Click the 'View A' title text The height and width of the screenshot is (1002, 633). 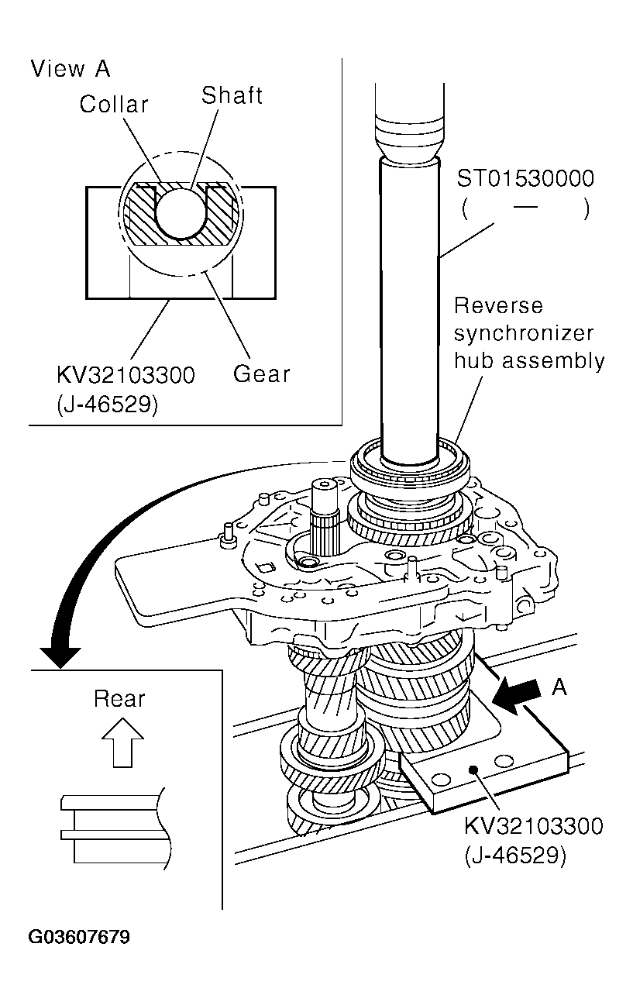(71, 69)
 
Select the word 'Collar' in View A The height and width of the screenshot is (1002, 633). (114, 105)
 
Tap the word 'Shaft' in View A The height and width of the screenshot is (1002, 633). (232, 95)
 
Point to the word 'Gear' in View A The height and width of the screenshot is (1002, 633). (262, 374)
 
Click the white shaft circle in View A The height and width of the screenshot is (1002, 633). (181, 213)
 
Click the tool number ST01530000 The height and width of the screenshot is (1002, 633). (525, 180)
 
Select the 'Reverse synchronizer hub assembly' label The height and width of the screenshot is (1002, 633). (528, 333)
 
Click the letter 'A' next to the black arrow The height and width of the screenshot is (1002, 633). (560, 687)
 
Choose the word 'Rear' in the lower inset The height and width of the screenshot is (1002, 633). (119, 699)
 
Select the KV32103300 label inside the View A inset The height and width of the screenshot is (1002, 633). (125, 376)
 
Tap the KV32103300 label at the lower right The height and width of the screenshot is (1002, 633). (533, 826)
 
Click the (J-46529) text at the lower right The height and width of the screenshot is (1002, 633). (515, 855)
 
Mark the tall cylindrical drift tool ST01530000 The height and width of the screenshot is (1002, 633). (408, 310)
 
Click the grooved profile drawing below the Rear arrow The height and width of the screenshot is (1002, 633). (112, 828)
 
